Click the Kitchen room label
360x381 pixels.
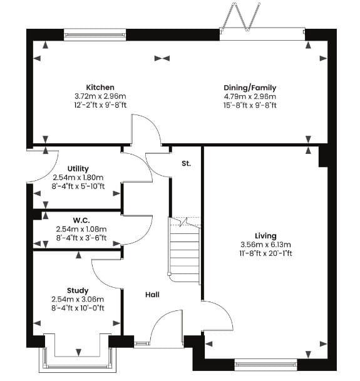click(x=100, y=87)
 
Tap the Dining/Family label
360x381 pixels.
click(x=250, y=88)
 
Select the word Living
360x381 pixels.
click(x=265, y=236)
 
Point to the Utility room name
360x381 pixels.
click(x=78, y=169)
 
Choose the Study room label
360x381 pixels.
click(x=78, y=291)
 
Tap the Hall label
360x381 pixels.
click(x=153, y=295)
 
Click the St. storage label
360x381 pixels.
click(x=187, y=163)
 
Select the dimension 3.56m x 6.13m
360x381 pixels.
click(x=265, y=245)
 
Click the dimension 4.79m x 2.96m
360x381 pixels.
click(x=250, y=96)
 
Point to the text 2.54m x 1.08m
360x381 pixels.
click(x=81, y=229)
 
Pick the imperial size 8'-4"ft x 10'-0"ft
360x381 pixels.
click(x=78, y=308)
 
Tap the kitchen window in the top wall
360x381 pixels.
click(x=95, y=35)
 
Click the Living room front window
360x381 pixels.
click(x=266, y=365)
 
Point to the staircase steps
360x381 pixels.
click(x=184, y=250)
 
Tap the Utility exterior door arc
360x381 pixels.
click(x=43, y=166)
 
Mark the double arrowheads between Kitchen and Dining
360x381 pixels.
click(x=162, y=58)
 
